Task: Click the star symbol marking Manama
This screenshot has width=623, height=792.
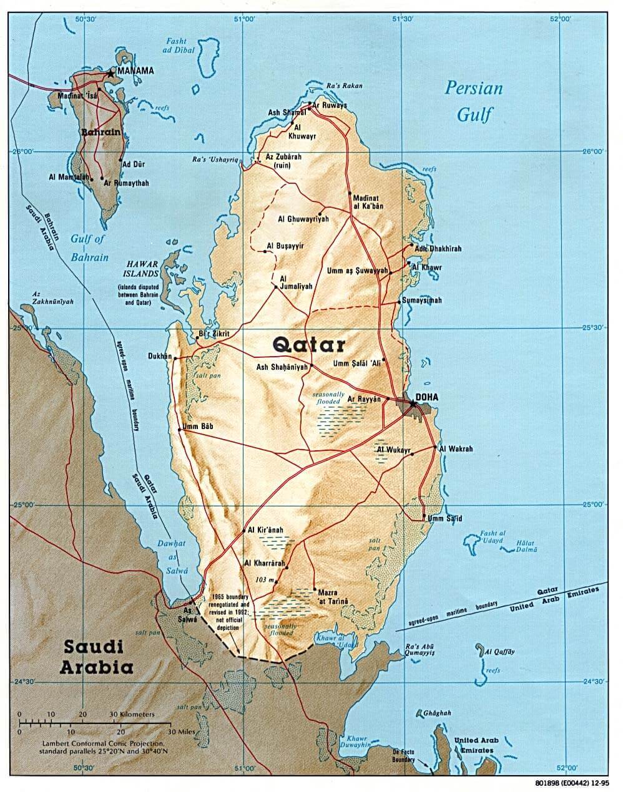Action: [x=111, y=73]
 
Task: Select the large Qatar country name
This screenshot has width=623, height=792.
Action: [x=309, y=344]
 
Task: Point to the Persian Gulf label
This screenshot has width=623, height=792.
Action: [x=474, y=100]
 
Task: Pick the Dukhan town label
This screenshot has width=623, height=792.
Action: [x=159, y=356]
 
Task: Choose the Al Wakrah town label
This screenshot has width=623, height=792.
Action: [x=456, y=448]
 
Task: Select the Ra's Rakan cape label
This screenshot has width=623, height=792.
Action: [x=344, y=86]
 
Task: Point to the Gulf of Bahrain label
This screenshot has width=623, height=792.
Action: [x=89, y=248]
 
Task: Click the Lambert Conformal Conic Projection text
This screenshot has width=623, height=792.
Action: [x=104, y=744]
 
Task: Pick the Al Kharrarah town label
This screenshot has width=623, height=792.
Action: [x=265, y=563]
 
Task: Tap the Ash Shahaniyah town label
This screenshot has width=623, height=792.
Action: [x=283, y=367]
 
